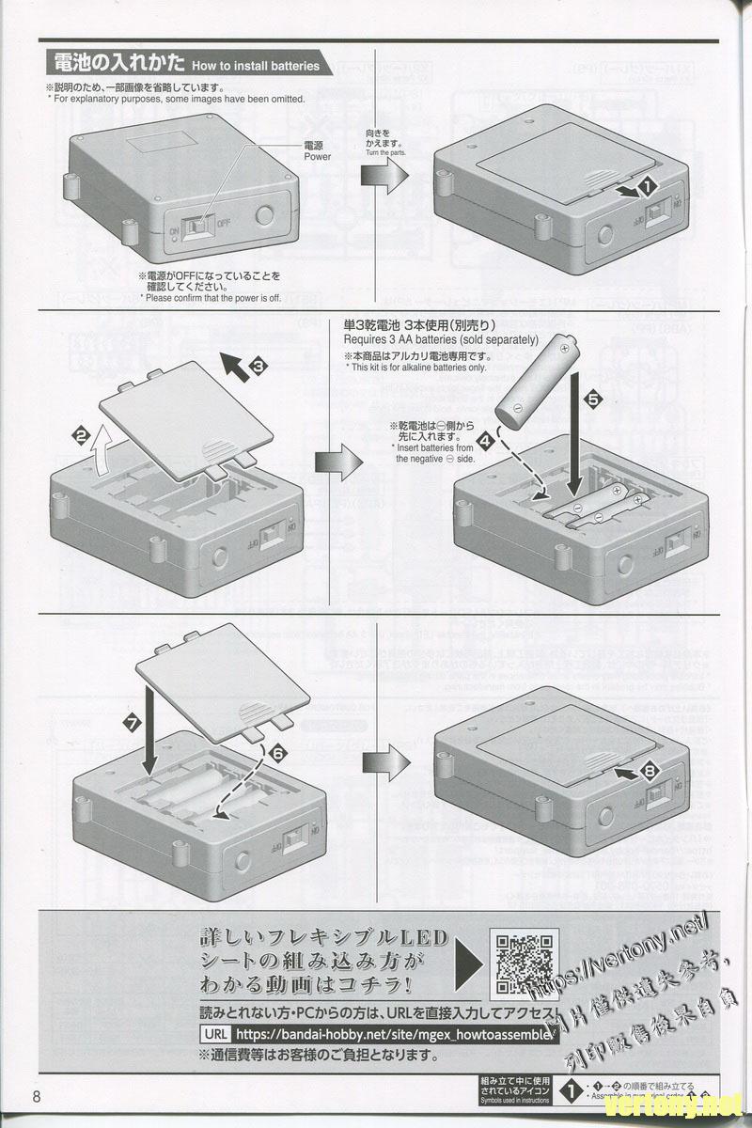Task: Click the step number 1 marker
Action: (647, 188)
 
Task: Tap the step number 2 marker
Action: (82, 434)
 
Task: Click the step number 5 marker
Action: (592, 399)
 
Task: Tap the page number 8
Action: (37, 1097)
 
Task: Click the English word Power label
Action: (318, 157)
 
